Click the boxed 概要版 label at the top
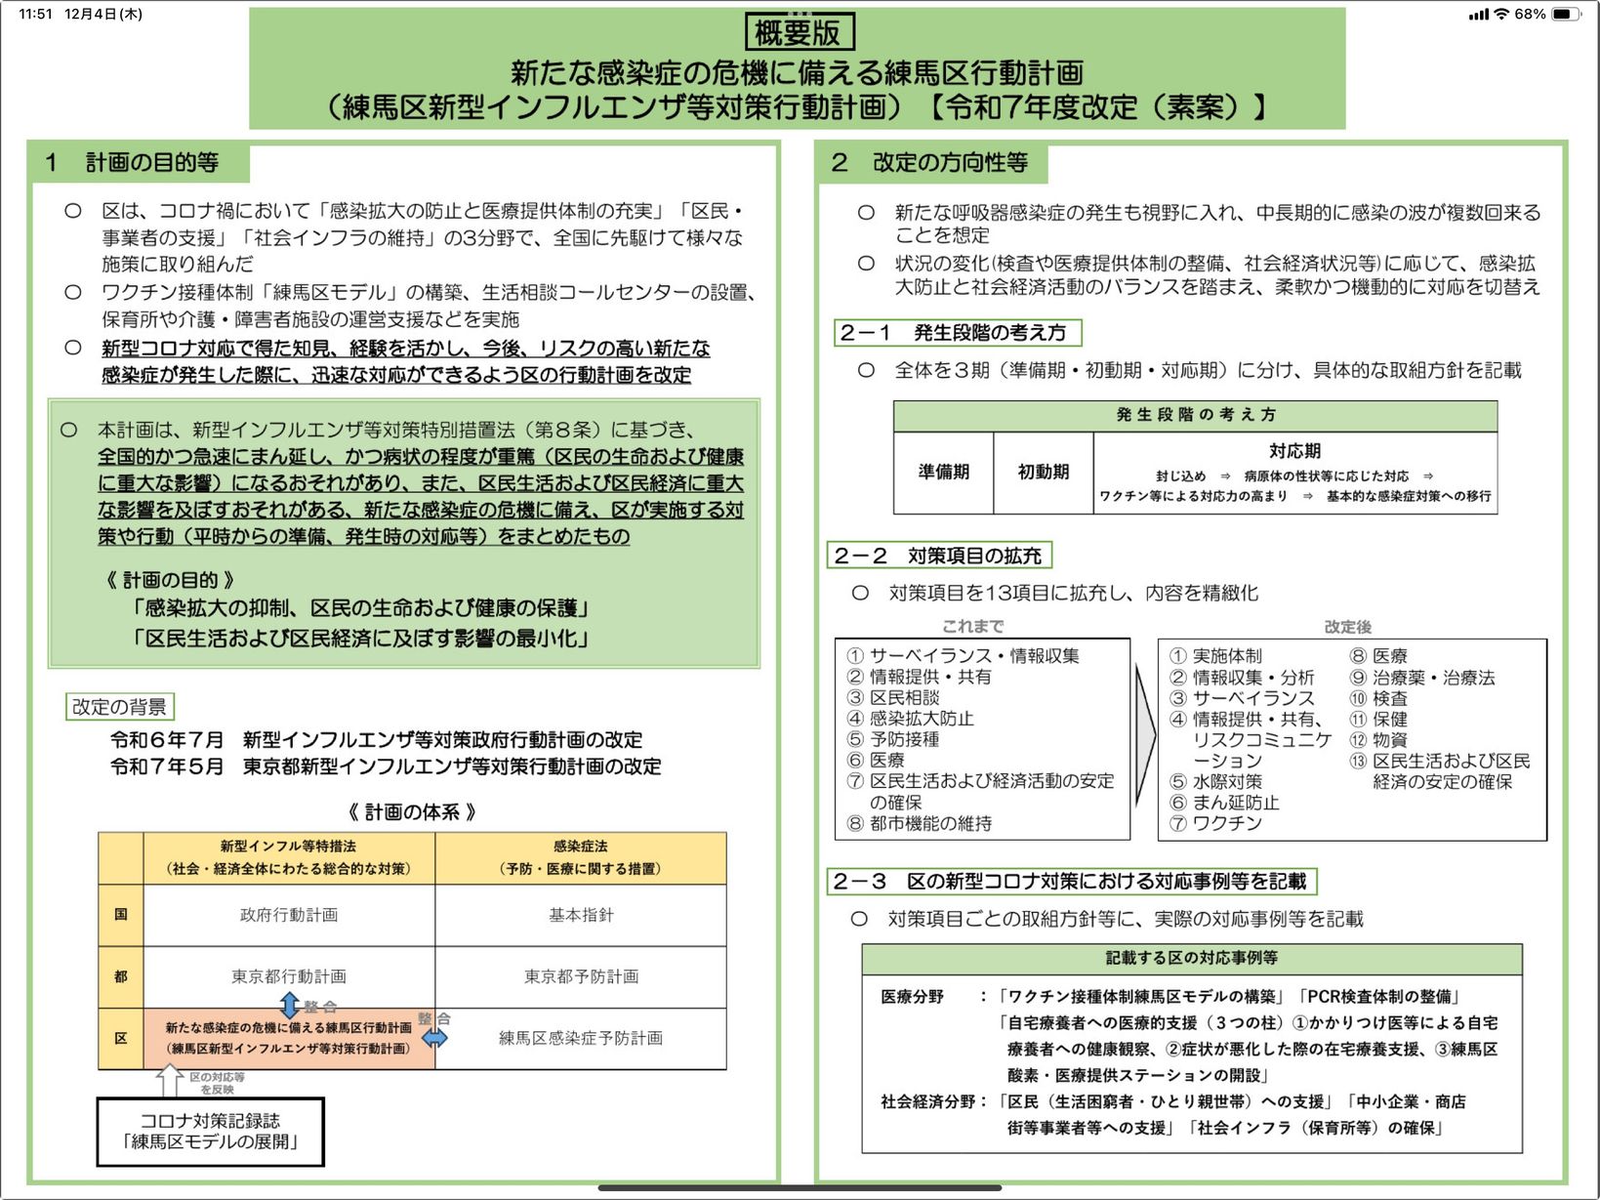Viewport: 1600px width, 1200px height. click(798, 32)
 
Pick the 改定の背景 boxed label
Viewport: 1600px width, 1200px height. click(119, 706)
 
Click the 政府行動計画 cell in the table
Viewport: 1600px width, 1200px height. click(289, 915)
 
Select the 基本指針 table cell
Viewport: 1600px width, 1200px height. click(581, 915)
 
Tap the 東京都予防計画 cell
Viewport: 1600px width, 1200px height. click(581, 976)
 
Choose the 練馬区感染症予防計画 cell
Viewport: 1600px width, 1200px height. click(581, 1038)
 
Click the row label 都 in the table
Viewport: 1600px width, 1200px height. click(121, 976)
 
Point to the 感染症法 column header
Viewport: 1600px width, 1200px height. click(581, 856)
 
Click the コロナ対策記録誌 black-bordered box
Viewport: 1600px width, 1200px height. click(210, 1132)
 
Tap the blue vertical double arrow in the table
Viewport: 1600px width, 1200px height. click(290, 1004)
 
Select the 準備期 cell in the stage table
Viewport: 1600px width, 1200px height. click(943, 472)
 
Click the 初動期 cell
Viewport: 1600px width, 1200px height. click(1043, 472)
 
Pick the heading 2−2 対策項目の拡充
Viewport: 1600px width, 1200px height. click(938, 556)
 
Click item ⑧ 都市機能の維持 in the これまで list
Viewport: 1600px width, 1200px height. click(921, 823)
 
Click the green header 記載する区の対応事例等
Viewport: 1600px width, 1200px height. click(1191, 958)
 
